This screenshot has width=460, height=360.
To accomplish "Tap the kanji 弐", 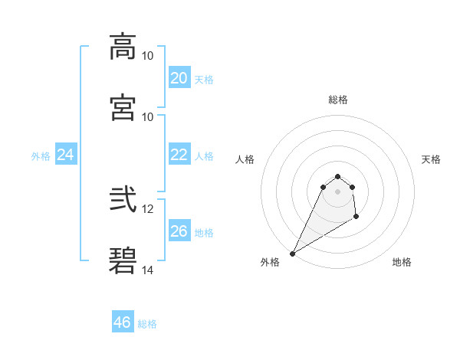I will pyautogui.click(x=123, y=200).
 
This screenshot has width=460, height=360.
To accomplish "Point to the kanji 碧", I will pyautogui.click(x=123, y=260).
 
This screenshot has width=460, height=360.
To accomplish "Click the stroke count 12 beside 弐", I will pyautogui.click(x=148, y=209).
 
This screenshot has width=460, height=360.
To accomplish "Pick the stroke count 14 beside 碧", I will pyautogui.click(x=148, y=270).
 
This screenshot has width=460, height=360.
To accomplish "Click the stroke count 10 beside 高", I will pyautogui.click(x=148, y=56).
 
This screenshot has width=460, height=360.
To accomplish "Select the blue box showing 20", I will pyautogui.click(x=179, y=77).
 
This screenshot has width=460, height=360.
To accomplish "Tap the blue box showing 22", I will pyautogui.click(x=179, y=155).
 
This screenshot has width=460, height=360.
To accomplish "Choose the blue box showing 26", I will pyautogui.click(x=179, y=231).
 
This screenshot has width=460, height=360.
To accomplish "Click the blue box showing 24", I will pyautogui.click(x=66, y=155).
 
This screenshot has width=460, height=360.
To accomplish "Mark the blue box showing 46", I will pyautogui.click(x=123, y=322).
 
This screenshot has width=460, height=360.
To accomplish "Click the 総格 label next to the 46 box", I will pyautogui.click(x=147, y=324).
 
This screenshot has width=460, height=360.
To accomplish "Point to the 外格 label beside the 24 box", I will pyautogui.click(x=41, y=156).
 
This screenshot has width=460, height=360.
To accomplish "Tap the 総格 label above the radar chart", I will pyautogui.click(x=338, y=100).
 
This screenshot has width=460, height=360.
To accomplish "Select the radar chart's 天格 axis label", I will pyautogui.click(x=431, y=159).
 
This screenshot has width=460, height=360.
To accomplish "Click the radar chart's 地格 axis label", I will pyautogui.click(x=402, y=262).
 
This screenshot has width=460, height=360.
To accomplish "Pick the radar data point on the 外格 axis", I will pyautogui.click(x=292, y=254).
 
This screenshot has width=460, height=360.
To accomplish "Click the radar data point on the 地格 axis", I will pyautogui.click(x=356, y=218).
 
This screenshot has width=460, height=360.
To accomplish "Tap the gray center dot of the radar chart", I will pyautogui.click(x=338, y=191).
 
